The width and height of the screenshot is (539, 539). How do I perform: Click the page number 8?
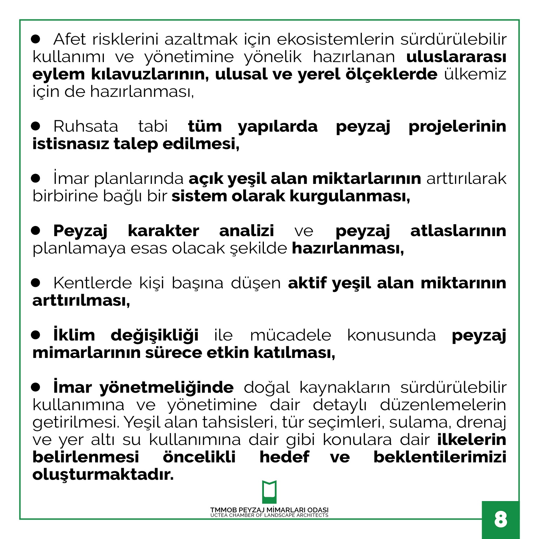click(500, 519)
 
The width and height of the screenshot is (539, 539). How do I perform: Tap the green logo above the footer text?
click(269, 492)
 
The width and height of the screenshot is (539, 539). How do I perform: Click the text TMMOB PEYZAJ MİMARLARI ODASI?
click(269, 510)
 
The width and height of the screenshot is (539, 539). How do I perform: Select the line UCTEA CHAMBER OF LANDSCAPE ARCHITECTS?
click(269, 515)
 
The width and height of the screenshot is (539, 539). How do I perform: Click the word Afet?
click(69, 39)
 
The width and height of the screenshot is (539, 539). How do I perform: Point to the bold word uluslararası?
click(456, 57)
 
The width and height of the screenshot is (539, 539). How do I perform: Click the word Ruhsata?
click(86, 126)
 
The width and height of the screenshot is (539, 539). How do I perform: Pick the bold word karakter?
click(163, 231)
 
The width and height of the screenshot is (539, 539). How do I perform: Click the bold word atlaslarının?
click(458, 231)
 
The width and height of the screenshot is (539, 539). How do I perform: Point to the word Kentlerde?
click(92, 283)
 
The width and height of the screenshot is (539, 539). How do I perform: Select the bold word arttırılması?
click(81, 301)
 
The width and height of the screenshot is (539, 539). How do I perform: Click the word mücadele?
click(291, 335)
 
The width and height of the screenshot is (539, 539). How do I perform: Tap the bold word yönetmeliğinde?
click(166, 387)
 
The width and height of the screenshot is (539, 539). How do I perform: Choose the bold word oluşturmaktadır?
click(103, 475)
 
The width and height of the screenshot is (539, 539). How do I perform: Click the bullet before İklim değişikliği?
click(35, 335)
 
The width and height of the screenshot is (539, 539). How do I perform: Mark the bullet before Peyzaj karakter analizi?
click(35, 231)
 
